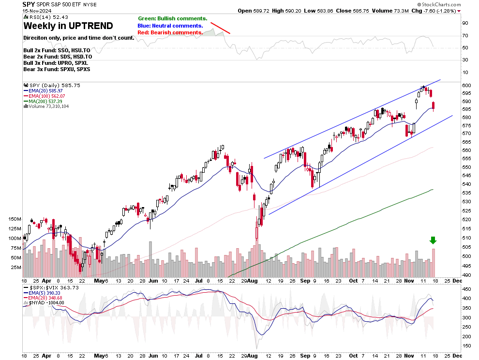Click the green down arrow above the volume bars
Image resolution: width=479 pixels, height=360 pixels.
click(x=433, y=240)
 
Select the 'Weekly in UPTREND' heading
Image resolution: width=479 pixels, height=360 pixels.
click(x=68, y=26)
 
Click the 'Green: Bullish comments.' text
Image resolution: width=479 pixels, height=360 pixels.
click(x=172, y=18)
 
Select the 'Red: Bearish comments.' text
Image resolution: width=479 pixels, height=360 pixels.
click(x=170, y=32)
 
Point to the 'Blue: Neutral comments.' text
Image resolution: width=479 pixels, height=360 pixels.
click(x=170, y=25)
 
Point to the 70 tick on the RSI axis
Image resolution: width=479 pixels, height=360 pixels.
click(x=465, y=35)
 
